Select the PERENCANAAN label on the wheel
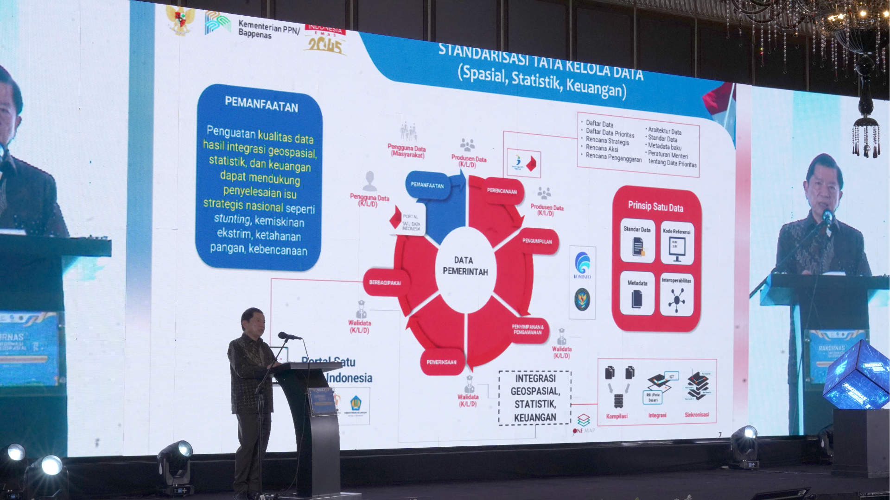pyautogui.click(x=502, y=191)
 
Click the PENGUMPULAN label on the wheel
pyautogui.click(x=537, y=241)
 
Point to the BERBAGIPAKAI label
pyautogui.click(x=385, y=282)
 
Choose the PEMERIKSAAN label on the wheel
pyautogui.click(x=441, y=362)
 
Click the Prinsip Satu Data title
pyautogui.click(x=655, y=206)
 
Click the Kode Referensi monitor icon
pyautogui.click(x=677, y=248)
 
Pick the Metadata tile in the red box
pyautogui.click(x=637, y=294)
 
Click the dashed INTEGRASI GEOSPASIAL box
pyautogui.click(x=535, y=398)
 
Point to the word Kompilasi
pyautogui.click(x=617, y=416)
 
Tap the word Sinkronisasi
pyautogui.click(x=697, y=414)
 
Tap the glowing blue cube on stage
pyautogui.click(x=857, y=375)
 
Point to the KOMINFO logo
pyautogui.click(x=582, y=265)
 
